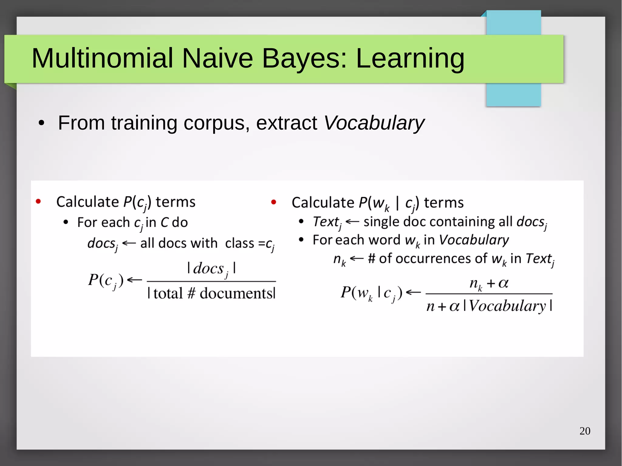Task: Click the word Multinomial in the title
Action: (102, 58)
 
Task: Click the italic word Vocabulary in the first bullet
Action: (374, 123)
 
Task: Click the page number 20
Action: (585, 431)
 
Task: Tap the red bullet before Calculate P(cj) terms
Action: (38, 202)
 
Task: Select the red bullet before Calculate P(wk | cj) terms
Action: (273, 202)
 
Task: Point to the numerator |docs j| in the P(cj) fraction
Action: (211, 269)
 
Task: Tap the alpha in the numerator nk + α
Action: (503, 283)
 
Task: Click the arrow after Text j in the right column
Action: (352, 222)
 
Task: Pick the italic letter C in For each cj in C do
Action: (164, 223)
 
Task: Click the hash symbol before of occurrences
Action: (371, 259)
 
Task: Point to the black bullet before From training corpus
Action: (42, 124)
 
